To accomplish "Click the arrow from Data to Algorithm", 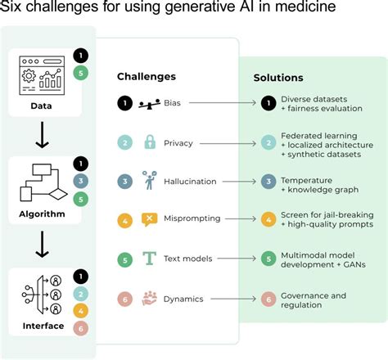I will pyautogui.click(x=41, y=133).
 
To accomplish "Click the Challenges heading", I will pyautogui.click(x=147, y=77).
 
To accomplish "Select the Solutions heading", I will pyautogui.click(x=278, y=78).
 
